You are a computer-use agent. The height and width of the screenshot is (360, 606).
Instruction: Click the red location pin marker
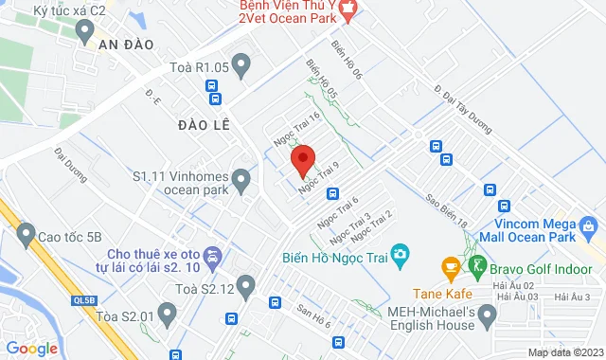coord(302,159)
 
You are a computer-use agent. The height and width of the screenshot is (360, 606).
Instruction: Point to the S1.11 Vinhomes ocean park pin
coord(241,177)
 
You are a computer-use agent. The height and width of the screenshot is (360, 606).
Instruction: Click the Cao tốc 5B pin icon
coord(26,234)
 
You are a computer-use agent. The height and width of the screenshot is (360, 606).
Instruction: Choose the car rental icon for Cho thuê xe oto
coord(213,255)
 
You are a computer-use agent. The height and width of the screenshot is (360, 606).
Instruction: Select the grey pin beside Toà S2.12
coord(246,284)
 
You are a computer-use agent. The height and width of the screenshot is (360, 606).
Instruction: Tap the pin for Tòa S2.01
coord(168,311)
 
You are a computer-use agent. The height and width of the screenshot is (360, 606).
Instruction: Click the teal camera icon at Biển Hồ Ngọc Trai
coord(401,254)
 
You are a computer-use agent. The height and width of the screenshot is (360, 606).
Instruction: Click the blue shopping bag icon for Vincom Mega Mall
coord(588,226)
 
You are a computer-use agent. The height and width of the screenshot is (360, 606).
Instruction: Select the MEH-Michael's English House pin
coord(489,313)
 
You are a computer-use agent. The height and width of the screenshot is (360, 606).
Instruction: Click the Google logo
coord(33,348)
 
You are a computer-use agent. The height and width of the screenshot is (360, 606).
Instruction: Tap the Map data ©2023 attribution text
coord(564,352)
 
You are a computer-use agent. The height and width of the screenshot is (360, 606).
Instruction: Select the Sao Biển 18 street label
coord(447,211)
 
